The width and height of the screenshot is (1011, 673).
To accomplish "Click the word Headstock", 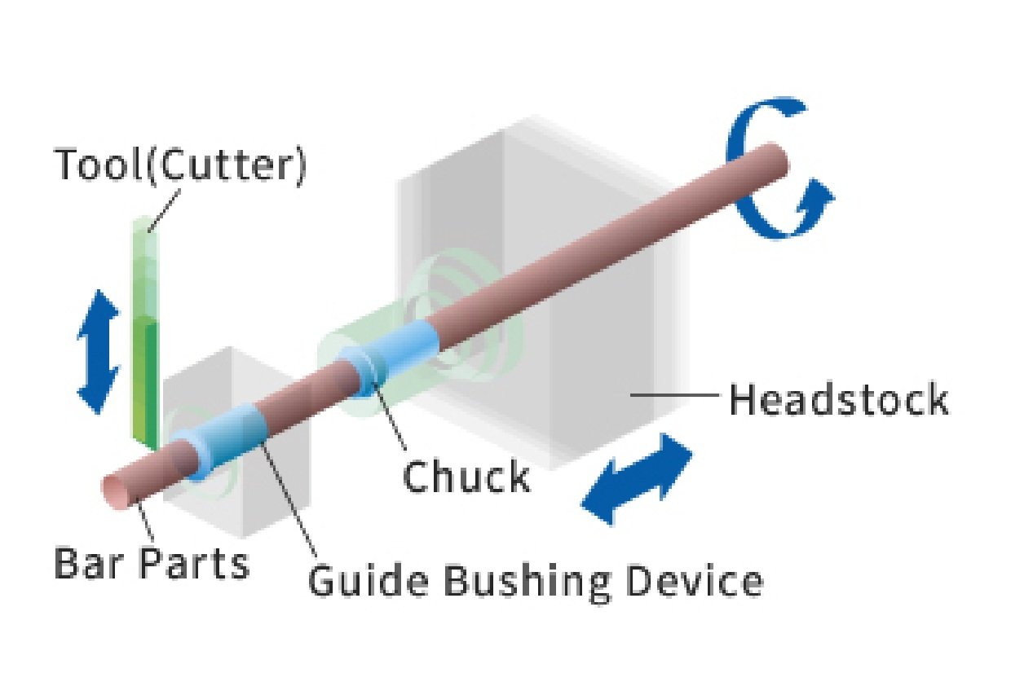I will point(838,401).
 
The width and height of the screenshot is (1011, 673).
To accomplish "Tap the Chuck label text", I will point(466,477).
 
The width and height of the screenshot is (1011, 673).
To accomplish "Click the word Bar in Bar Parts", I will point(84,563).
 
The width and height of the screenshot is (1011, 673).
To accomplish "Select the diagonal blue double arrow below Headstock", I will point(637,479).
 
